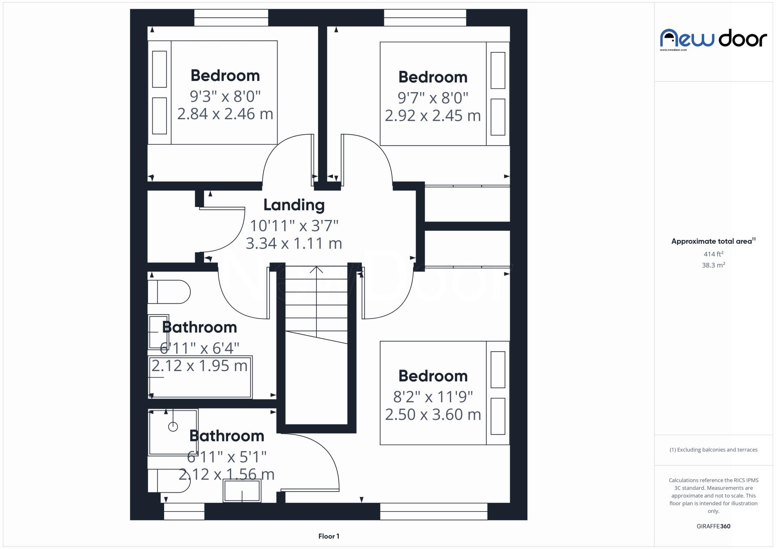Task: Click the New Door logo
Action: point(713,39)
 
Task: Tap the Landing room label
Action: point(294,205)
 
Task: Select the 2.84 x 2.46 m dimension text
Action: point(225,114)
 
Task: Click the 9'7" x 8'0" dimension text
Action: point(432,98)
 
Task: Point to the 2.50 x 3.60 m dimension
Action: point(433,414)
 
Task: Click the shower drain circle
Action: point(173,427)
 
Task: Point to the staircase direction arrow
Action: point(316,270)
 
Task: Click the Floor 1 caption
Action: point(329,536)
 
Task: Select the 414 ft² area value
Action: point(713,254)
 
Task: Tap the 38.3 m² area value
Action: point(713,265)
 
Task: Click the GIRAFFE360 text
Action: point(713,526)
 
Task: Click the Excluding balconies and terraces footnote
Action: point(713,450)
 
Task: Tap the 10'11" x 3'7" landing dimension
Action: point(294,226)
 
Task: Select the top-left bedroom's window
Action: point(231,18)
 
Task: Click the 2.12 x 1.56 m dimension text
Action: point(226,474)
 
